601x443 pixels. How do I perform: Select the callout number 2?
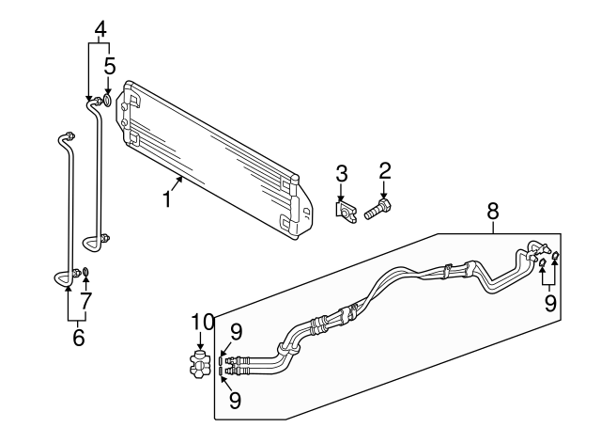384,170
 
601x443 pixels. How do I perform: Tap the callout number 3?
342,173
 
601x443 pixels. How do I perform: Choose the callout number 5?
110,66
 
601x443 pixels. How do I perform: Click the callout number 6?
78,337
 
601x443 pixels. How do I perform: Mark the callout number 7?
85,301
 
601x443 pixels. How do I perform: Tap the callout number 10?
199,323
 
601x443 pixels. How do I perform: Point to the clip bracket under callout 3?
345,214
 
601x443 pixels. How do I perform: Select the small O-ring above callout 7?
85,274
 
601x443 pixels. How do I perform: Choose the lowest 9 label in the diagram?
235,400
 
